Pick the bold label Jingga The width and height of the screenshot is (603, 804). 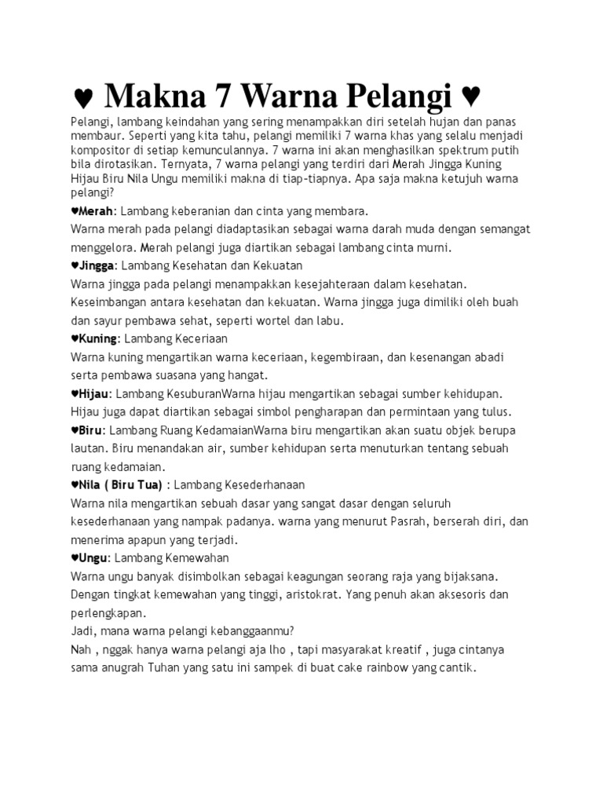[x=97, y=265]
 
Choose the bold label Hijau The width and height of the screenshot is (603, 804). [x=93, y=393]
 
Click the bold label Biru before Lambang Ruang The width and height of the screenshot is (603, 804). [x=91, y=429]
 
